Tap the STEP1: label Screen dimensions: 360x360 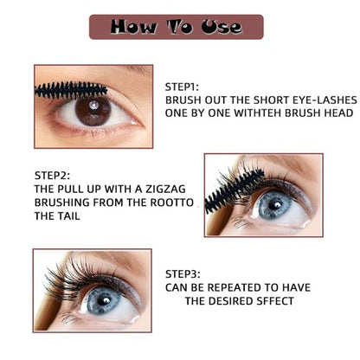tap(183, 87)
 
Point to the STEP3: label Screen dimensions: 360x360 tap(183, 270)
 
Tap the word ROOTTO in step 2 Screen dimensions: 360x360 tap(145, 202)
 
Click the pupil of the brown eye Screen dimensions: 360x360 tap(93, 109)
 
